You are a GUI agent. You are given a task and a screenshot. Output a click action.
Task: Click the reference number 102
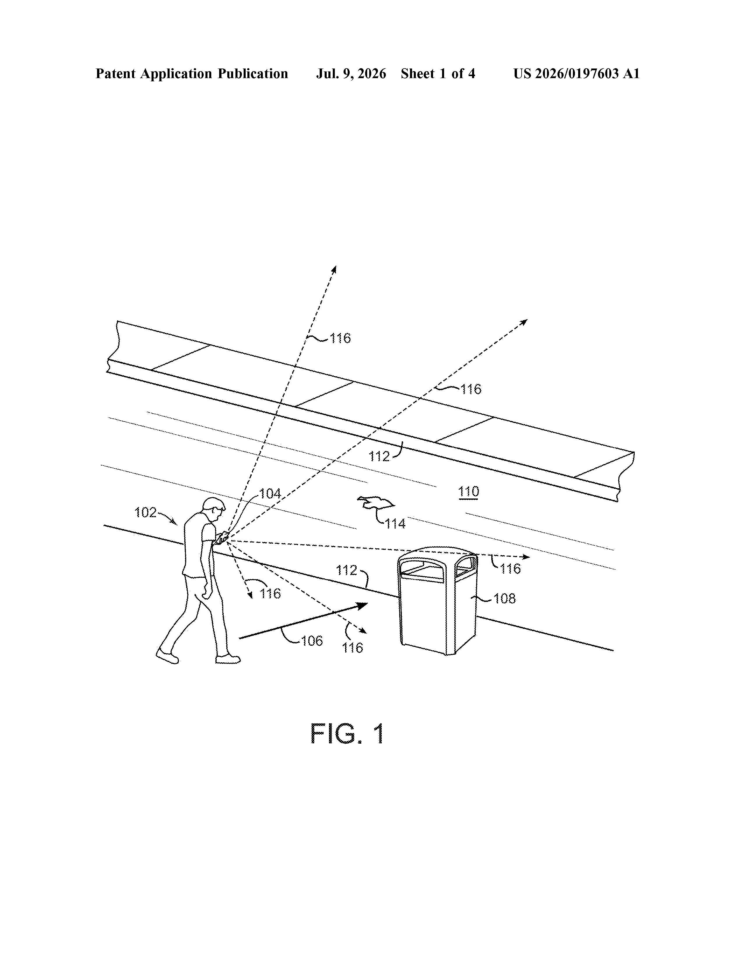click(145, 512)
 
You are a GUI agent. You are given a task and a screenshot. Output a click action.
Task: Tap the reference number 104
click(270, 494)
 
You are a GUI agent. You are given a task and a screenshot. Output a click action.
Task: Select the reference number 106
click(312, 641)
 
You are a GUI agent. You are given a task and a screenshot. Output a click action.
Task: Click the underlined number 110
click(469, 491)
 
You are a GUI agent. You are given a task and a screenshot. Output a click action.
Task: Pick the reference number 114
click(395, 524)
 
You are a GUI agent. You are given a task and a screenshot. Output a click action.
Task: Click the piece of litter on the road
click(375, 503)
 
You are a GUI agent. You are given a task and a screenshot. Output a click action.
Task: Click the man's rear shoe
click(167, 656)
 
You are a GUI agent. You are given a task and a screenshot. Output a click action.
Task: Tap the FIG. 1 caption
click(347, 734)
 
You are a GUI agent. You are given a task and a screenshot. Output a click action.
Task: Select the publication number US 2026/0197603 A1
click(576, 73)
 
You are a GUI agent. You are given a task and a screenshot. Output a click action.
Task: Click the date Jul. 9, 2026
click(351, 73)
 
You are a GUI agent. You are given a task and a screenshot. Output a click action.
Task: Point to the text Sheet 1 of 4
click(438, 73)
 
